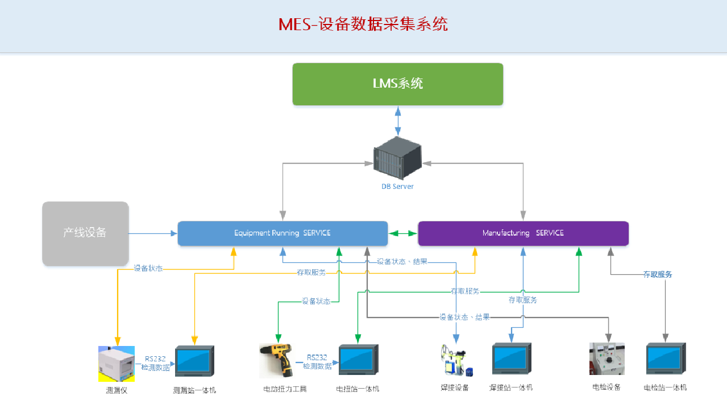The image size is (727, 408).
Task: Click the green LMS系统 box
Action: coord(397,84)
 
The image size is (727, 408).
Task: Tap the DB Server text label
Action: coord(397,187)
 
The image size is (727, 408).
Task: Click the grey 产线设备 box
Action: coord(85,233)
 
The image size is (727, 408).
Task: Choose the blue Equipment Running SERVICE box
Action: coord(283,233)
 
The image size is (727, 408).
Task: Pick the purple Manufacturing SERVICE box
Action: coord(523,233)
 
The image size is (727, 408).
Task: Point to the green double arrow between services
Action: coord(403,233)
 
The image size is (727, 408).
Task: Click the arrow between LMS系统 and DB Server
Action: coord(397,121)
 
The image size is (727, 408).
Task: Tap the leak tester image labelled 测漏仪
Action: coord(117,364)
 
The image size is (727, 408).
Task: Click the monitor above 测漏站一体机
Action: coord(194,361)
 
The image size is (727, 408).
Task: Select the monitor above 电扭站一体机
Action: coord(358,360)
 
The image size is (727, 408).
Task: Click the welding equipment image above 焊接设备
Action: coord(456,360)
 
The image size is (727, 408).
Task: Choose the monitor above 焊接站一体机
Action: coord(512,358)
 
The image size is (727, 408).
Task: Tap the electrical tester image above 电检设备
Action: coord(606,359)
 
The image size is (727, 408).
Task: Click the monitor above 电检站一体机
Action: coord(666,358)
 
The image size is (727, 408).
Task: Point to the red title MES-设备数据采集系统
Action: coord(363,24)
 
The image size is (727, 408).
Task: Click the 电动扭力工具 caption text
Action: coord(285,389)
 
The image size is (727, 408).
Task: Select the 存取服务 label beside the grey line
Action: coord(658,274)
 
